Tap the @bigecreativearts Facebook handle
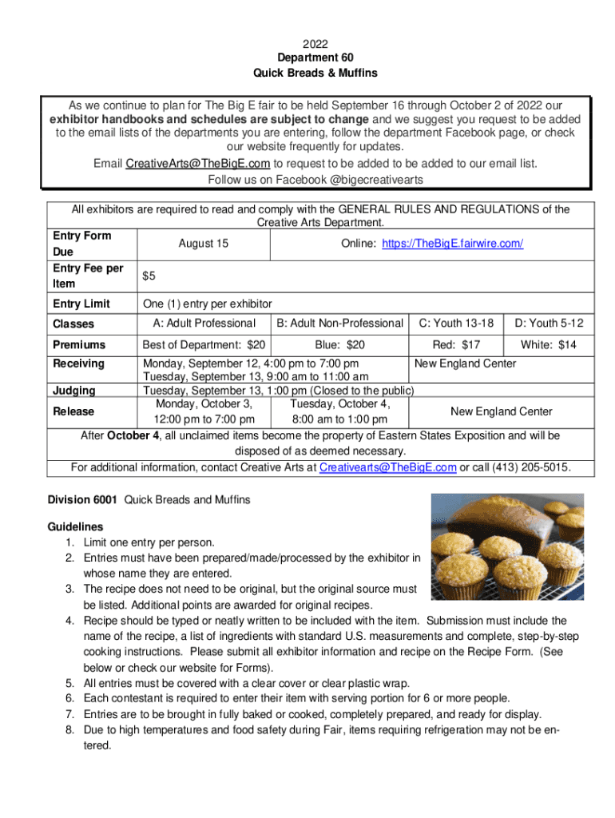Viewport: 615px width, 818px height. (375, 179)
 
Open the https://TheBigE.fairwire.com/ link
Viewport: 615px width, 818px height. (452, 243)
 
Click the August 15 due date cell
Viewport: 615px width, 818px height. (204, 243)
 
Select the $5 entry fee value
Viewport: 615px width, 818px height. (149, 276)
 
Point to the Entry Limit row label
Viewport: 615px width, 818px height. (81, 304)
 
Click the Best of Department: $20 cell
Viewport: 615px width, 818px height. (203, 345)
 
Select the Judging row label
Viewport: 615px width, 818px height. (74, 391)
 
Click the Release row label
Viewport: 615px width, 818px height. (73, 411)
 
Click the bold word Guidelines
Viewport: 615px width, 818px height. (76, 527)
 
